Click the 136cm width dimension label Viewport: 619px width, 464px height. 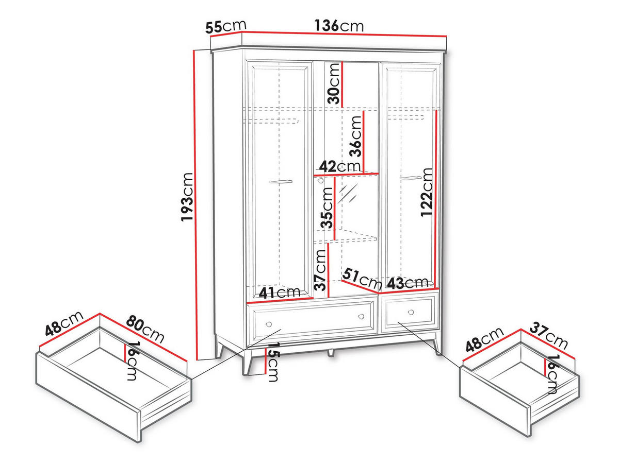(339, 26)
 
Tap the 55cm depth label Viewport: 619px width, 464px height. (225, 27)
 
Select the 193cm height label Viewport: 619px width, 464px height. (187, 197)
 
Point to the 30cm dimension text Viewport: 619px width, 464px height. (333, 83)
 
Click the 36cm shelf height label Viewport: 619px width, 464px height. (355, 136)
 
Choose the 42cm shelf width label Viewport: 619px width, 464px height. (340, 166)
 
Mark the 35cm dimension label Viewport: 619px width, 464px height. (327, 208)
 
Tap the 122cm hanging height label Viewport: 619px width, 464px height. (426, 192)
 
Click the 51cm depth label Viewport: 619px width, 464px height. (362, 279)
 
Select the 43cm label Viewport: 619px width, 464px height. (408, 283)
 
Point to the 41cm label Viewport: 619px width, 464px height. (280, 293)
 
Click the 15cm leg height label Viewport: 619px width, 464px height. (273, 362)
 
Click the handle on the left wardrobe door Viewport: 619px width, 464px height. (281, 182)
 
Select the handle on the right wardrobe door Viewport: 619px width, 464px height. (411, 178)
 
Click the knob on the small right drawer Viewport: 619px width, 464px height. (411, 312)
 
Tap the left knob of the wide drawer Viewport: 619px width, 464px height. (269, 324)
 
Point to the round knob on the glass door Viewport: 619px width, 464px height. (320, 180)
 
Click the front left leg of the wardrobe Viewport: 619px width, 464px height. (248, 363)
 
